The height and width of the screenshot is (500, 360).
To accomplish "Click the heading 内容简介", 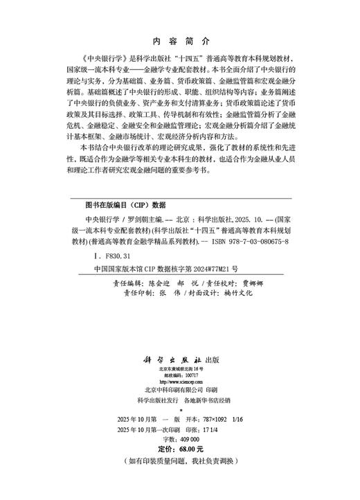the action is [x=180, y=41].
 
